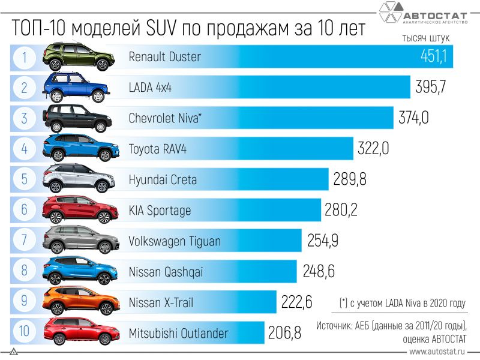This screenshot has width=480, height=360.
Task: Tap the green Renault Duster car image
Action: (77, 56)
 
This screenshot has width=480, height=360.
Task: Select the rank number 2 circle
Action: (25, 88)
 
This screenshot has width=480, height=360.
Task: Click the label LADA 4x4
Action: (150, 88)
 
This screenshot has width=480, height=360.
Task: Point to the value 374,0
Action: (413, 118)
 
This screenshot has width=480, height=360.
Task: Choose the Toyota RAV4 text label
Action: (158, 149)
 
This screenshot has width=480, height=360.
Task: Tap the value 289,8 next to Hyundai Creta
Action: (349, 179)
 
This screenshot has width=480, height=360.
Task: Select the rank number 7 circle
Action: (25, 241)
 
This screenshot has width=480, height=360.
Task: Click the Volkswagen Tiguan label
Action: (175, 241)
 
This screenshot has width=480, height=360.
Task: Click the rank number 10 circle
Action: (25, 332)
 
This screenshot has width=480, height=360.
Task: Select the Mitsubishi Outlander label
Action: (178, 333)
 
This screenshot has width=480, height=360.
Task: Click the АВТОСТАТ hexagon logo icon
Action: (394, 13)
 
